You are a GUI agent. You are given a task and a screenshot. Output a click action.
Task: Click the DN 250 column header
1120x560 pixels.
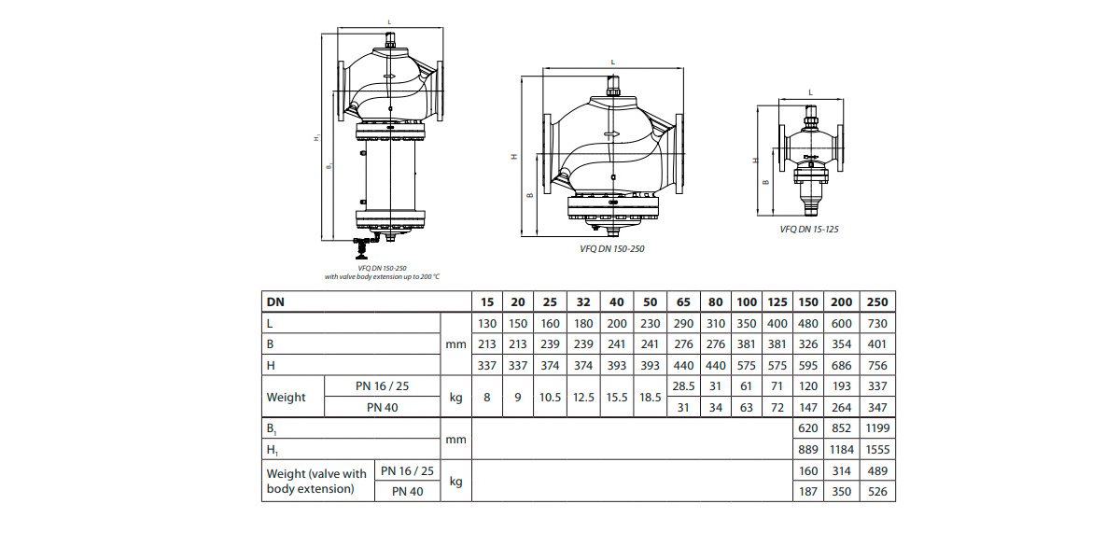point(877,302)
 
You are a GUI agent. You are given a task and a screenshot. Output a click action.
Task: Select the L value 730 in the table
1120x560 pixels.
point(877,324)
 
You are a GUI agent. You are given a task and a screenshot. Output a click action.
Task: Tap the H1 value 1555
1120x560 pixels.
point(877,450)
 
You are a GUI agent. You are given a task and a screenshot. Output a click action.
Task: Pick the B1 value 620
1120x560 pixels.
point(808,428)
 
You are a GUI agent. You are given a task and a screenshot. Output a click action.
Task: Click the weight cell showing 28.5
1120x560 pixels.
point(683,386)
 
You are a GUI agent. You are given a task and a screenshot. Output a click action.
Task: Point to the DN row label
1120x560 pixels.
point(275,302)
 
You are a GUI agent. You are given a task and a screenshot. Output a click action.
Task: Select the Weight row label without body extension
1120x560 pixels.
point(286,397)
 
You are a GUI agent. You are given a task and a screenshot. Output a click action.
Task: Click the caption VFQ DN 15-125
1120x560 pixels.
point(809,229)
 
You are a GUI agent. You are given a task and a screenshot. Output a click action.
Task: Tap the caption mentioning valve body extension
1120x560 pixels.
point(382,276)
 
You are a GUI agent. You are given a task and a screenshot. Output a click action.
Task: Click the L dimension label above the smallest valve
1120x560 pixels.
point(810,92)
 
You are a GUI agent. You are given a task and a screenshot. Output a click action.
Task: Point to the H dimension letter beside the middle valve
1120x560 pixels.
point(514,157)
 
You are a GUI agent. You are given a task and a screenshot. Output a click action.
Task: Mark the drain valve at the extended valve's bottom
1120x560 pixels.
point(362,247)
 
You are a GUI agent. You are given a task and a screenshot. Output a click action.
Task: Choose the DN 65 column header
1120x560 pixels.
point(683,302)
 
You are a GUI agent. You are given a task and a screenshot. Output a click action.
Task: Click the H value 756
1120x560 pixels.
point(877,366)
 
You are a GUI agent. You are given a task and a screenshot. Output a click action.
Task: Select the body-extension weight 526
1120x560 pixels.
point(877,492)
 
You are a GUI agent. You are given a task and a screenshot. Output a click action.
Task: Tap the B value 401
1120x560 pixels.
point(877,344)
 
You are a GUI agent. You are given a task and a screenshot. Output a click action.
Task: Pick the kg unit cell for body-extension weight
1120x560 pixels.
point(455,481)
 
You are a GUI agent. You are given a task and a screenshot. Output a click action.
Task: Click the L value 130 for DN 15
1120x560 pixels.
point(487,324)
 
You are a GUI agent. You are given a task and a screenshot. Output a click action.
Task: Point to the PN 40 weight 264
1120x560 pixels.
point(842,408)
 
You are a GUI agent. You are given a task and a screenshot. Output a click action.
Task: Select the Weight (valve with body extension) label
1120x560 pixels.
point(316,481)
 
